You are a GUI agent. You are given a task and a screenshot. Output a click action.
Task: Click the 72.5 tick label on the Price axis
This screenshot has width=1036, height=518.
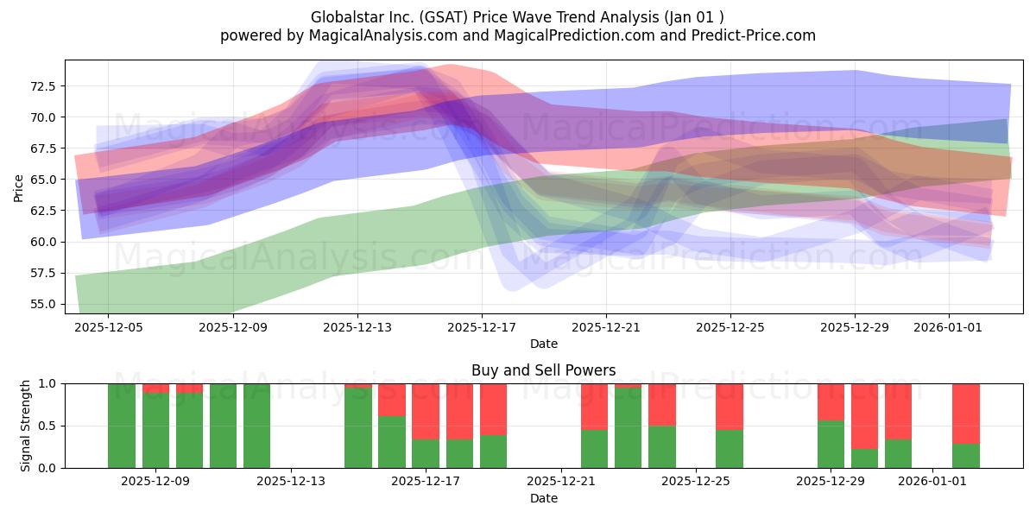(42, 86)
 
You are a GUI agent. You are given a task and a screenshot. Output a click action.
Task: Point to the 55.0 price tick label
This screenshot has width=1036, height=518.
(42, 304)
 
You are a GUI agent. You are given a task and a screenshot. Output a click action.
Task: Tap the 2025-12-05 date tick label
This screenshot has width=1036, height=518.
(109, 327)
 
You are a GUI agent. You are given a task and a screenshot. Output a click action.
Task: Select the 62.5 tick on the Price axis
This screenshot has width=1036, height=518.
(42, 211)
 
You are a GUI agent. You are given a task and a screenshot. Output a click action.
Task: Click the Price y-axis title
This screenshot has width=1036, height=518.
(18, 188)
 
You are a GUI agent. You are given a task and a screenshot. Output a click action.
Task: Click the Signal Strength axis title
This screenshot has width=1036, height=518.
(25, 426)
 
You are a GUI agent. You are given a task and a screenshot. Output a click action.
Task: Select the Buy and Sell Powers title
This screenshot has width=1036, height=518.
(543, 370)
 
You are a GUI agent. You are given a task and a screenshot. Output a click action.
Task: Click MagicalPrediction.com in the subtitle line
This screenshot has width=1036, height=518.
(574, 35)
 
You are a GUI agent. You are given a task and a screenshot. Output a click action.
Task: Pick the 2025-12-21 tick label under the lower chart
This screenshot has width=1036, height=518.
(561, 482)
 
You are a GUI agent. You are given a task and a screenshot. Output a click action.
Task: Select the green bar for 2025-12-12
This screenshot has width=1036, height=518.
(256, 426)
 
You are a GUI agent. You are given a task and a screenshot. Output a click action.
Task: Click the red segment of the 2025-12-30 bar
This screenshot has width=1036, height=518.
(864, 416)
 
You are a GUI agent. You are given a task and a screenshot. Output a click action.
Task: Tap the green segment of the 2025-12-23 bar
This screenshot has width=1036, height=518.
(629, 428)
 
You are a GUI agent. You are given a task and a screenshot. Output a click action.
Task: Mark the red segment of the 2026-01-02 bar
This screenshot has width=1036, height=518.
(966, 414)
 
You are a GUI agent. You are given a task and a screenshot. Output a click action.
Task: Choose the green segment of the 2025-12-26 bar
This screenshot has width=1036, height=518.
(730, 449)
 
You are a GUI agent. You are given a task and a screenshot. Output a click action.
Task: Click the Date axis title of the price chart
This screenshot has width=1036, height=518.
(543, 344)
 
